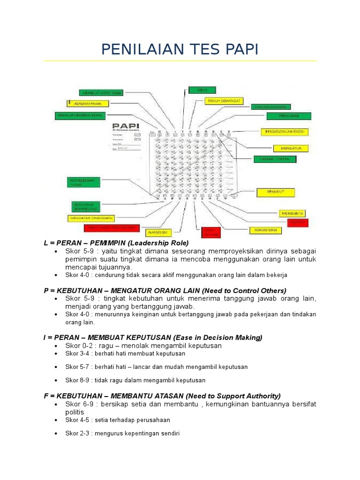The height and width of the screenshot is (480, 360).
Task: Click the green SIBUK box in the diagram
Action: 196,90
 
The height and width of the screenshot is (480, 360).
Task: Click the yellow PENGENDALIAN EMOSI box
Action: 285,132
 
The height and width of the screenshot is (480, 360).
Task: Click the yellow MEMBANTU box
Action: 292,213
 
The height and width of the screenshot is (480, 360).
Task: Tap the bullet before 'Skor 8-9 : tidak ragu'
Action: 56,381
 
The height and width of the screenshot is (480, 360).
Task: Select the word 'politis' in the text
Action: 75,412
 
